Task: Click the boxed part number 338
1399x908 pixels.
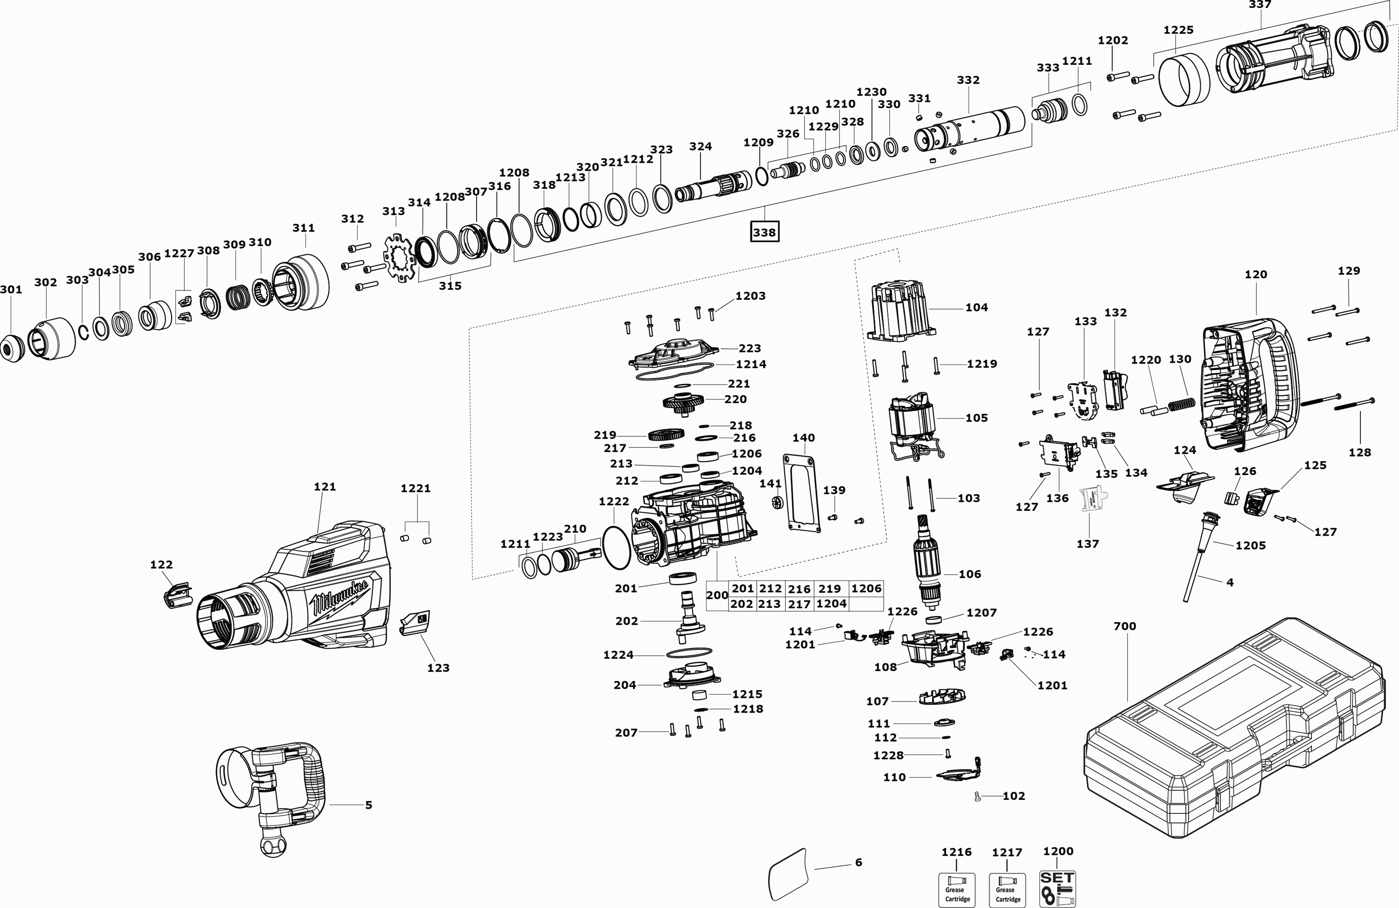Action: click(x=764, y=232)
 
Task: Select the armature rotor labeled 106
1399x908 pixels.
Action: click(x=928, y=567)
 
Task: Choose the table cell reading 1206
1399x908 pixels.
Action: click(x=866, y=588)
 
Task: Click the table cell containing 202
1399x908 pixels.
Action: click(x=742, y=604)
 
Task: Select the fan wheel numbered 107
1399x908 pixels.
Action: click(x=943, y=698)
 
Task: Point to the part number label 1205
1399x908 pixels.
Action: click(x=1250, y=545)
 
